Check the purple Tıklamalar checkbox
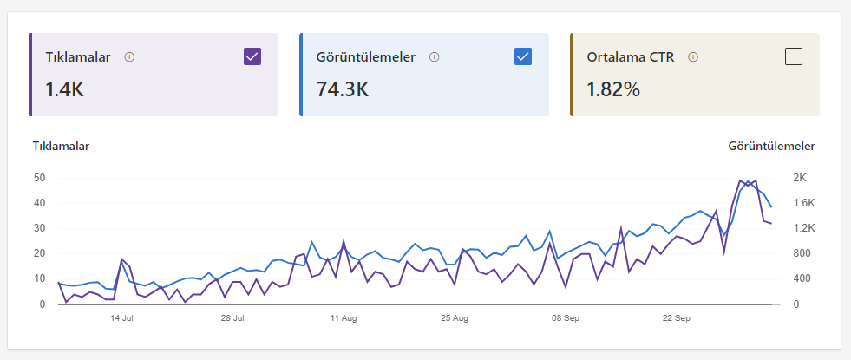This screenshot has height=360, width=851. tap(252, 56)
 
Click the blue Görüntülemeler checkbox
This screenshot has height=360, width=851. tap(522, 56)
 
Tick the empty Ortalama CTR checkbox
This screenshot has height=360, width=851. tap(794, 56)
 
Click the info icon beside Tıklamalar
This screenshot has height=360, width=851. tap(129, 57)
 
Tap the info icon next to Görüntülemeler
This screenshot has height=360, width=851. tap(435, 57)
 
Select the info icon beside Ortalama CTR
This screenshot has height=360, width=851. tap(692, 57)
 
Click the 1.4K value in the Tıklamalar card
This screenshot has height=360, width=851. tap(64, 89)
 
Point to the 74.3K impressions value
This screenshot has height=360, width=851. tap(343, 89)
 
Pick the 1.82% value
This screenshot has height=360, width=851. tap(613, 89)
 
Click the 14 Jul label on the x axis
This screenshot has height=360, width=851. tap(121, 318)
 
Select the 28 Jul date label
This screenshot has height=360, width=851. tap(232, 318)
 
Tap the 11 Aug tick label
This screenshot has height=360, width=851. tap(344, 318)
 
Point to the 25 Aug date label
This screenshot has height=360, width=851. tap(455, 318)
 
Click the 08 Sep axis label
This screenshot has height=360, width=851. tap(566, 318)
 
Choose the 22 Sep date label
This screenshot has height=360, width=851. tap(677, 318)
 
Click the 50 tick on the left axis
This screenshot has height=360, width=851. tap(39, 178)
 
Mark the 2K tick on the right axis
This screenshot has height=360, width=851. tap(801, 178)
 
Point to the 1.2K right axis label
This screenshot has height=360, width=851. tap(804, 228)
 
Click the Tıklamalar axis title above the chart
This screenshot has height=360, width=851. tap(62, 146)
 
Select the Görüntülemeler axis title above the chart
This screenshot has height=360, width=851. tap(772, 146)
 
